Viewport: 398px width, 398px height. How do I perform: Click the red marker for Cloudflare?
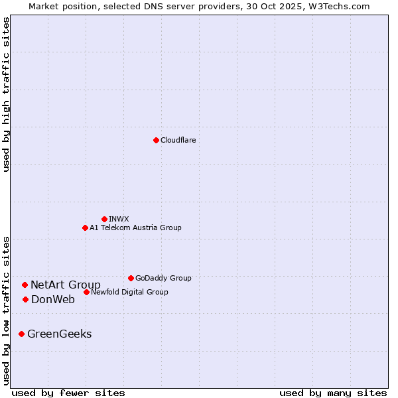[156, 140]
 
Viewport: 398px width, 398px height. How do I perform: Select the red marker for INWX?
[104, 219]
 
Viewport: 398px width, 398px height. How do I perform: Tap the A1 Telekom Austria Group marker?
[85, 228]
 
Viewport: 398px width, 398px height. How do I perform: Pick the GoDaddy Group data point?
[131, 278]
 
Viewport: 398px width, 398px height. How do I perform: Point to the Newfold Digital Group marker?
[86, 292]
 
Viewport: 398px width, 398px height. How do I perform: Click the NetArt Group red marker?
[25, 285]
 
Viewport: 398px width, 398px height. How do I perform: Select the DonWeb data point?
[25, 299]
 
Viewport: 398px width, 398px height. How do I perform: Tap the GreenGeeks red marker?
[21, 334]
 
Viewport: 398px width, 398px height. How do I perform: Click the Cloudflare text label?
[178, 140]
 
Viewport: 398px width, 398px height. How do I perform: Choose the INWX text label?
[119, 219]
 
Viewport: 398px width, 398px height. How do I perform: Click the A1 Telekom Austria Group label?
[135, 228]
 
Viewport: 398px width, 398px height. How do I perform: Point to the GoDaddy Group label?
[163, 278]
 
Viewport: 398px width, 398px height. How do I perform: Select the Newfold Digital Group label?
[129, 292]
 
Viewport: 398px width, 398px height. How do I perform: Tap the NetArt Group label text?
[66, 285]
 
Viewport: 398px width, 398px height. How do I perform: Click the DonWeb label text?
[53, 299]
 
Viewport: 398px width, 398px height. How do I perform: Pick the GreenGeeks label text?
[59, 334]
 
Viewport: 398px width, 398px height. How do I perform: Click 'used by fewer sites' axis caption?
[68, 393]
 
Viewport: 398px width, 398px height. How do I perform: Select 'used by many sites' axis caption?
[333, 393]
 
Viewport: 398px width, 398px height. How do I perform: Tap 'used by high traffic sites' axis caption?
[7, 94]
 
